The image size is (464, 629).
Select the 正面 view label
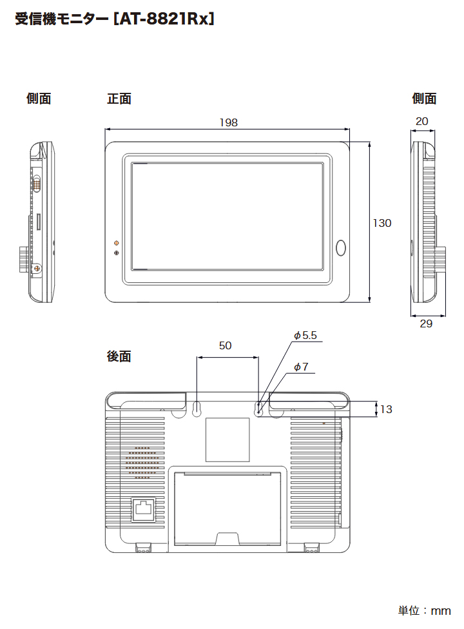(x=119, y=99)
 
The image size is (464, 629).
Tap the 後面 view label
(x=119, y=356)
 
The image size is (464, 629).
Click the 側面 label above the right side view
(x=424, y=99)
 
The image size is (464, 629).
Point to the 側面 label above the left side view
(x=39, y=99)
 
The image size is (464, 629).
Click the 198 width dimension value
(x=228, y=122)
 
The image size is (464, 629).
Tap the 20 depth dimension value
(x=422, y=121)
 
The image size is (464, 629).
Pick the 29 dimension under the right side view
(x=426, y=324)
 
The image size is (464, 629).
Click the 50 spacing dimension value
(x=225, y=345)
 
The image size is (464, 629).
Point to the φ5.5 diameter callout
(x=305, y=335)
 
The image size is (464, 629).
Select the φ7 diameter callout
(x=301, y=367)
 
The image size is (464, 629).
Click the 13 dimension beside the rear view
(x=386, y=409)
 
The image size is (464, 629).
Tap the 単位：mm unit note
(x=423, y=610)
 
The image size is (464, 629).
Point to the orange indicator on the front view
(x=116, y=243)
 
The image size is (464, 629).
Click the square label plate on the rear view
(x=227, y=440)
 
